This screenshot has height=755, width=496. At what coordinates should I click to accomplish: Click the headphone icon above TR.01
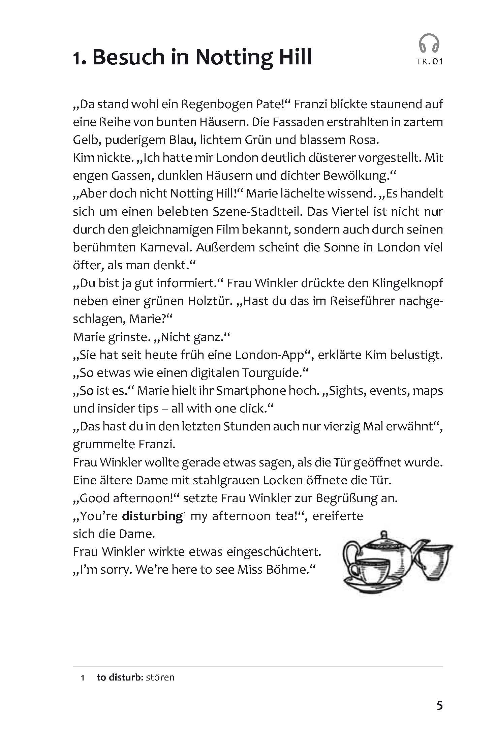[429, 43]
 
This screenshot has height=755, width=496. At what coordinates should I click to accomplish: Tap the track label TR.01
[429, 62]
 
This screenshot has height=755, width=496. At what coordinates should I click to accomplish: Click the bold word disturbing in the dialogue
[152, 516]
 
